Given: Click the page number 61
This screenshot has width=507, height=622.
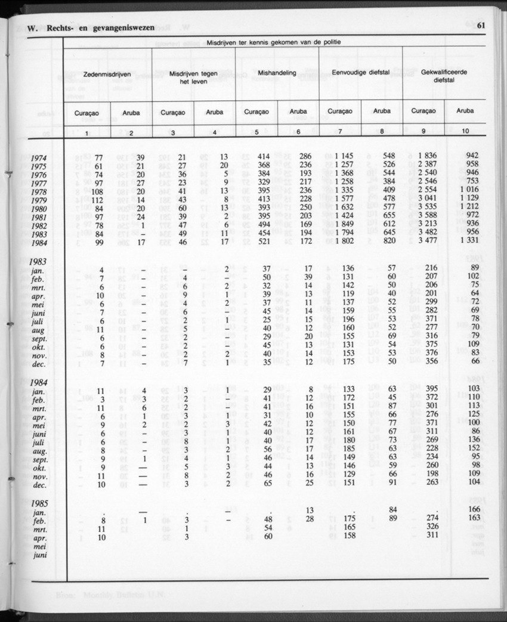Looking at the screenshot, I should [x=481, y=26].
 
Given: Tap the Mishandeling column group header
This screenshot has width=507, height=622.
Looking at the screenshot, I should [x=277, y=73].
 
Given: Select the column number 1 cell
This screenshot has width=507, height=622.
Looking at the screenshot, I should [x=87, y=132].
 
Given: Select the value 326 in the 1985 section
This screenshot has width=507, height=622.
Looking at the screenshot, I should [x=429, y=528].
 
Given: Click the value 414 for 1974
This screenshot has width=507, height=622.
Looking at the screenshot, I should [x=263, y=157].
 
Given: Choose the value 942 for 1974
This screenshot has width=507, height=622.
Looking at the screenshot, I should [x=472, y=157].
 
